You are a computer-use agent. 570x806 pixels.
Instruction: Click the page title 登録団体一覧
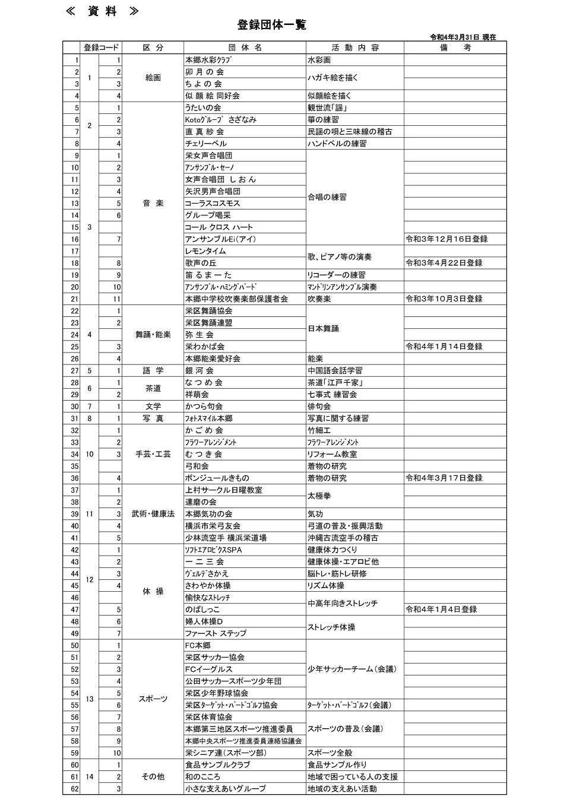(271, 25)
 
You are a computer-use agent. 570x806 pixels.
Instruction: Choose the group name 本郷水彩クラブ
(208, 60)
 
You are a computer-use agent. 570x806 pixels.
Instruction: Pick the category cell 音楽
(153, 203)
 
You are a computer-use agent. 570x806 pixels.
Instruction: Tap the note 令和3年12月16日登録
(446, 239)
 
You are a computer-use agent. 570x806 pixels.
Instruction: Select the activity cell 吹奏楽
(319, 299)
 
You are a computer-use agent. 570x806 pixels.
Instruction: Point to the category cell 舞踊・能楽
(153, 335)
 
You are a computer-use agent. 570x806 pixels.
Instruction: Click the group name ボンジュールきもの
(217, 478)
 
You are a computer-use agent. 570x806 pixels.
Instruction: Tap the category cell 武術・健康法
(153, 514)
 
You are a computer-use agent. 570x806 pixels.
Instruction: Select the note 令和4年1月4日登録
(441, 610)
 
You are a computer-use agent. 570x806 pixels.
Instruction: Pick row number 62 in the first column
(75, 789)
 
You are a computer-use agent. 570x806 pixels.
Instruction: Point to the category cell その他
(153, 776)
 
